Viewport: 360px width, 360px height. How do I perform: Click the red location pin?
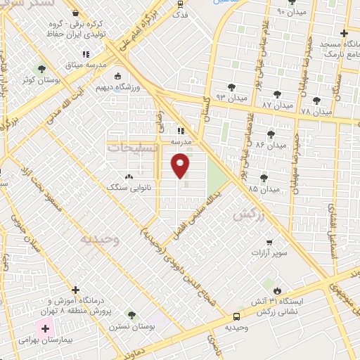pos(181,165)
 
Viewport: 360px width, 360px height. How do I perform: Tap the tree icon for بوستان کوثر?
pos(41,69)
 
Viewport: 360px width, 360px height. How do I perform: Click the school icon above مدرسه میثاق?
pos(86,54)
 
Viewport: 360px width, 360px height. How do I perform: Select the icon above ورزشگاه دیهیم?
pos(117,76)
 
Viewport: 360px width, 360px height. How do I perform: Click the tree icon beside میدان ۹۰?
pos(309,12)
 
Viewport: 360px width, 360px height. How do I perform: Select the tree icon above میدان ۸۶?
pos(271,133)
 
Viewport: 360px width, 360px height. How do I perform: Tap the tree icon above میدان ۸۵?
pos(264,177)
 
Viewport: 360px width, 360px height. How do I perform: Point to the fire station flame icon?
pos(277,290)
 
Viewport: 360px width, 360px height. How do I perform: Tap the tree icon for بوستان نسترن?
pos(131,315)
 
